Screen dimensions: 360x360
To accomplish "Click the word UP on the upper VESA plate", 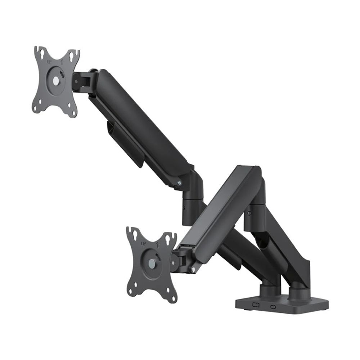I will coord(49,62).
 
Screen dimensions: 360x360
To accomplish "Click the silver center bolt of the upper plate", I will coord(56,81).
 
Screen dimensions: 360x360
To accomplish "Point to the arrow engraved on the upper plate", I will coord(62,62).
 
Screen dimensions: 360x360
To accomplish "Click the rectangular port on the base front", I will coord(256,305).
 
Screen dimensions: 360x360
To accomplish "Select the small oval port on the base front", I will coord(273,307).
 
